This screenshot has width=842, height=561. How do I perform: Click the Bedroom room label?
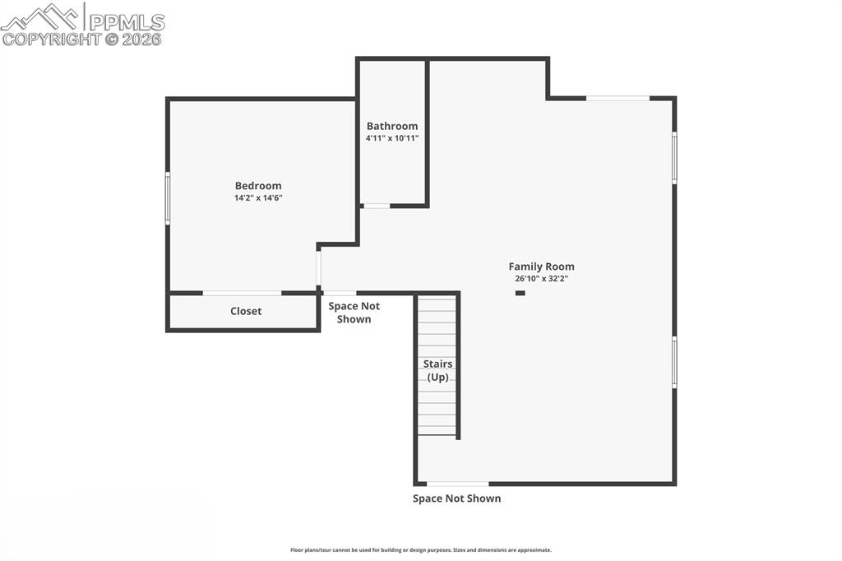(x=258, y=186)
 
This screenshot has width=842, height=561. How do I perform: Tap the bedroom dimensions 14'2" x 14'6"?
(x=258, y=198)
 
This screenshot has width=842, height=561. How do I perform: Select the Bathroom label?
(x=392, y=126)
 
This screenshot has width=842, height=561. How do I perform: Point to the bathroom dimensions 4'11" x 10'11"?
(x=392, y=138)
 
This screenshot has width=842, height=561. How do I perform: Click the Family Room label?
(x=541, y=267)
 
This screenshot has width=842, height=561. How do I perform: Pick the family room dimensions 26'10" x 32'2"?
(x=541, y=279)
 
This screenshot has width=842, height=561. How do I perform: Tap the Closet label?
(x=246, y=311)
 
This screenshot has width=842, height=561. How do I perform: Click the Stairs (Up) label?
(x=437, y=370)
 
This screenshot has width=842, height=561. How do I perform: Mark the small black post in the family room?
(x=520, y=293)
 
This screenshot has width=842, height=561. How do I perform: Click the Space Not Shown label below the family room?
(x=456, y=498)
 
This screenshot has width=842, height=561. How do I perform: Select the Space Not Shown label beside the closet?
(x=354, y=313)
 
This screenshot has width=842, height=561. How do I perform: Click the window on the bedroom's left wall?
(x=168, y=197)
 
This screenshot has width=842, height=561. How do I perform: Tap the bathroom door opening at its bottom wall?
(x=377, y=206)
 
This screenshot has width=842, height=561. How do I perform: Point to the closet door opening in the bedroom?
(x=242, y=293)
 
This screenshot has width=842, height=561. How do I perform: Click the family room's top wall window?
(x=618, y=99)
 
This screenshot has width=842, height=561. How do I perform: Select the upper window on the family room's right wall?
(x=674, y=157)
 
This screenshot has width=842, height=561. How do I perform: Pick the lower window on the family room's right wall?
(x=674, y=362)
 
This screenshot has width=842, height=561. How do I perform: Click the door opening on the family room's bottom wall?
(x=457, y=484)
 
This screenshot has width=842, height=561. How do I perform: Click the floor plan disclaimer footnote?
(x=421, y=550)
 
